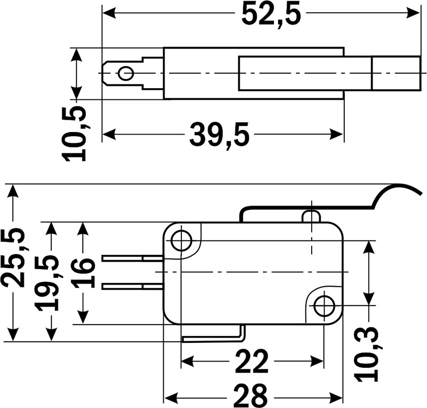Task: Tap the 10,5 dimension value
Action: click(x=75, y=134)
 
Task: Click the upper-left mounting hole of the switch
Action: click(x=182, y=240)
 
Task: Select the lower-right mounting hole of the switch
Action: click(x=323, y=307)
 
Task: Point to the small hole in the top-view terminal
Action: click(x=126, y=73)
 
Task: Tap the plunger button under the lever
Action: click(x=311, y=216)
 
